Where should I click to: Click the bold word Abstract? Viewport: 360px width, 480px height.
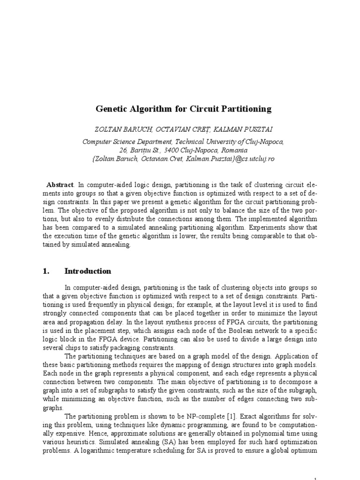point(60,185)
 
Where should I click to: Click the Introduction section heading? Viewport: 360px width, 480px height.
point(88,271)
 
